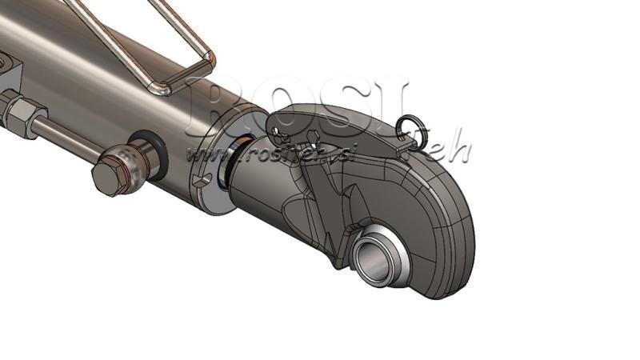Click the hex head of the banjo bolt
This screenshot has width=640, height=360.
pyautogui.click(x=112, y=174)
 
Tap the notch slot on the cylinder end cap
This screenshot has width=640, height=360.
pyautogui.click(x=205, y=178)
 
